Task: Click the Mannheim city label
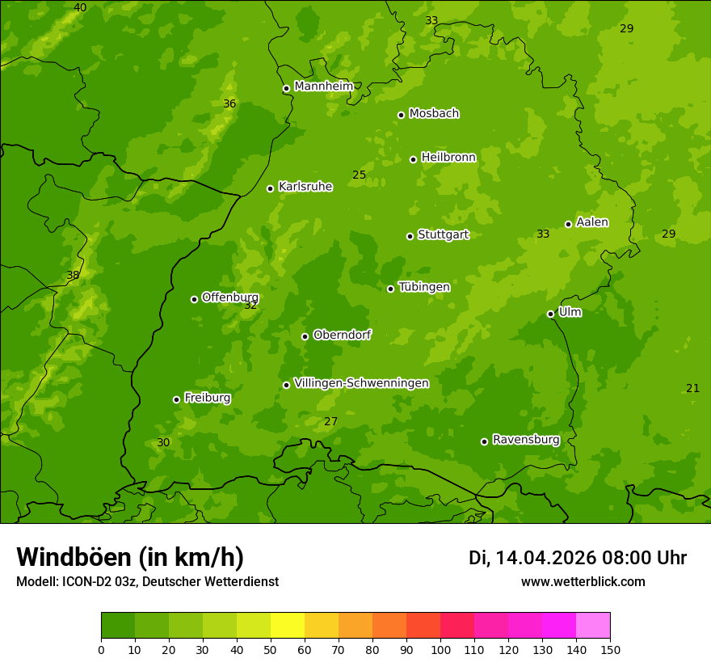click(x=324, y=87)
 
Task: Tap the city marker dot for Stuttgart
click(x=410, y=236)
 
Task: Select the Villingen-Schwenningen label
click(x=361, y=383)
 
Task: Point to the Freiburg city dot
click(x=176, y=399)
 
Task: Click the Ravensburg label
click(x=526, y=440)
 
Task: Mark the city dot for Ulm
click(x=550, y=314)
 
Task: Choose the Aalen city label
click(x=592, y=222)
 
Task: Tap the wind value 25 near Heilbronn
click(x=359, y=175)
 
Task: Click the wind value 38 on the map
click(x=73, y=276)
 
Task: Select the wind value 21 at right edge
click(x=692, y=389)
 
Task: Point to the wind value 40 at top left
click(x=80, y=8)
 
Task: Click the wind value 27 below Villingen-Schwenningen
click(x=330, y=422)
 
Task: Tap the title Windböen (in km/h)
click(x=130, y=557)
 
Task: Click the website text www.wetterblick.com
click(x=583, y=581)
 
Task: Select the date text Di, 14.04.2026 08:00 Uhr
click(x=577, y=558)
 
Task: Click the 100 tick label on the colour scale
click(x=440, y=649)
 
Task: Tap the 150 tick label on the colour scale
click(x=610, y=649)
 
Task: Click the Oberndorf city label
click(x=342, y=335)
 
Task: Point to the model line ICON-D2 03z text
click(x=147, y=581)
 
